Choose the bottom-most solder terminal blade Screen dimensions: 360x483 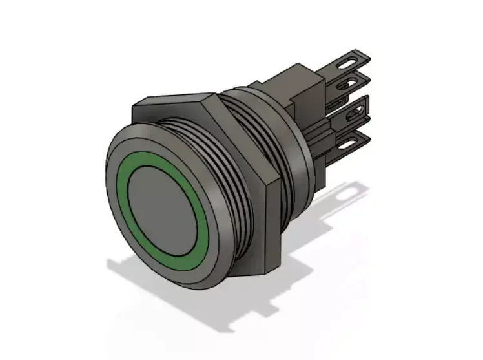coord(355,139)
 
